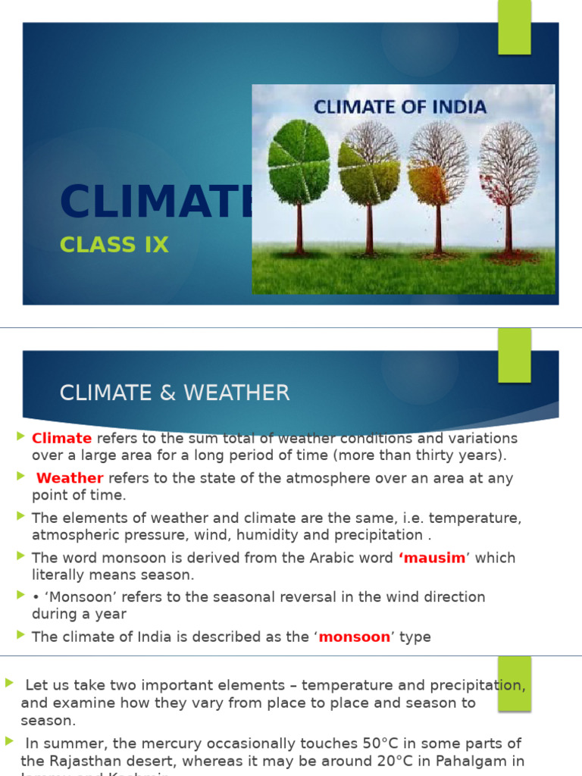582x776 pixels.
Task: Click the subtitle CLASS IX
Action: click(x=114, y=246)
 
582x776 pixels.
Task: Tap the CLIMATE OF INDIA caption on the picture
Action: click(x=400, y=106)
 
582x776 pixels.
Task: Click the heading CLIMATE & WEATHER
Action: click(x=174, y=393)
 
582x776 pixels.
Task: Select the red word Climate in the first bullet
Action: click(x=61, y=438)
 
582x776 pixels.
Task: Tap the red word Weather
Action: click(x=70, y=478)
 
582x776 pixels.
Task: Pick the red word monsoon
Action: click(x=354, y=637)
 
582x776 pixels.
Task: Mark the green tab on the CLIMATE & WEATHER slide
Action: click(x=515, y=358)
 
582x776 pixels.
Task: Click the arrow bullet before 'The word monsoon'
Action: click(x=20, y=556)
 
